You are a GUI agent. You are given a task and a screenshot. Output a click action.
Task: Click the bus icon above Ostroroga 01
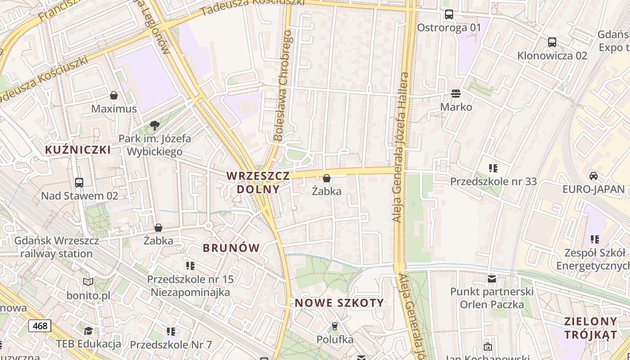click(449, 14)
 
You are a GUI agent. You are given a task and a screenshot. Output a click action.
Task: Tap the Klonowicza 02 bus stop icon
click(552, 42)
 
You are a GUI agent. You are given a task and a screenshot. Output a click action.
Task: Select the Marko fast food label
click(456, 107)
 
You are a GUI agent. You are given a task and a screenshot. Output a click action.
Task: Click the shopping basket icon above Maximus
click(114, 95)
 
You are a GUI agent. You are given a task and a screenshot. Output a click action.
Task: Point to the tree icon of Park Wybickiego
click(155, 125)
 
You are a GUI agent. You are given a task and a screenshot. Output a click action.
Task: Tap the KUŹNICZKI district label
click(78, 150)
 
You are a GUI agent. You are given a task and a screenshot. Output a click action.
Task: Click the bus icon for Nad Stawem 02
click(79, 182)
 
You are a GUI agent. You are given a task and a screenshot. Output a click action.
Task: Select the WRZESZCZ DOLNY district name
click(258, 182)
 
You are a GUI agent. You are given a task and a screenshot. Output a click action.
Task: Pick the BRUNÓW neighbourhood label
click(231, 248)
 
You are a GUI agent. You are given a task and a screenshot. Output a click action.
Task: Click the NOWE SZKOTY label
click(339, 303)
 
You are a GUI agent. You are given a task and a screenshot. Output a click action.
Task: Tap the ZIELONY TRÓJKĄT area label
click(591, 328)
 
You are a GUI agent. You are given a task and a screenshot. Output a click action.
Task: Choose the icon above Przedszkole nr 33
click(493, 168)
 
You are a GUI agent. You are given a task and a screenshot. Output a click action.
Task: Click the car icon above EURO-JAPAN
click(593, 175)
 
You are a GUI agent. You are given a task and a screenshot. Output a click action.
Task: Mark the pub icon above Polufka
click(334, 326)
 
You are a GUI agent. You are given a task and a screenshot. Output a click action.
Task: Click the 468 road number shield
click(40, 325)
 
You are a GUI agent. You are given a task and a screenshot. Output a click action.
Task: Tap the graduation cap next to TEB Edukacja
click(89, 331)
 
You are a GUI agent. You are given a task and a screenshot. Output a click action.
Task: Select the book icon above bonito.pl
click(88, 282)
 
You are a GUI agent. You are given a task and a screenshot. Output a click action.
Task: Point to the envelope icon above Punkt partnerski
click(492, 279)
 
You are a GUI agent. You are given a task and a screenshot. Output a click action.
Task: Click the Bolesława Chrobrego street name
click(283, 85)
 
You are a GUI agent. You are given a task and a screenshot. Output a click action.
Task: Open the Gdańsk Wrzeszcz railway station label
click(56, 247)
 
